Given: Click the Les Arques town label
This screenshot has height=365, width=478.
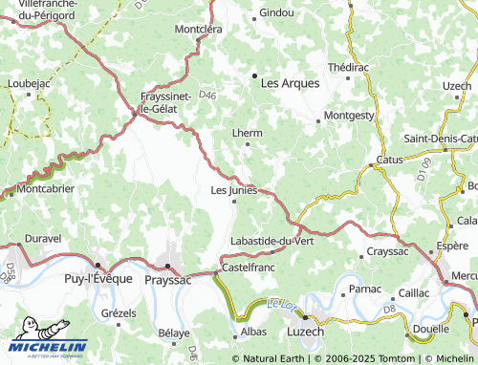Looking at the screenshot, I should (290, 83).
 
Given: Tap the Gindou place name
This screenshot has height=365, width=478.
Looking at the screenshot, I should (277, 13).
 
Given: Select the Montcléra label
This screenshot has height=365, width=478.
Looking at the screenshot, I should (198, 30).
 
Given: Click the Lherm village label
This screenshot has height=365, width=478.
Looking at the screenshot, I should (247, 134).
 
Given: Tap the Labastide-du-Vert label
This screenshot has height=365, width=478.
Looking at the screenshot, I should (272, 241).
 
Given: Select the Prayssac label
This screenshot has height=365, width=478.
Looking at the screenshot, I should (167, 282).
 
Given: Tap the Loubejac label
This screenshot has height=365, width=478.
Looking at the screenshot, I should (28, 84).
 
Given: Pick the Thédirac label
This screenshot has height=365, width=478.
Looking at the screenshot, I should (347, 68).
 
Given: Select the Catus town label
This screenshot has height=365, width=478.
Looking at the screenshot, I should (390, 160).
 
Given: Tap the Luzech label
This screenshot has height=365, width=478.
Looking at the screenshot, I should (305, 331).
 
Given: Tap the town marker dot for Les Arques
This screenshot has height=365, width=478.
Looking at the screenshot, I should (254, 75).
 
